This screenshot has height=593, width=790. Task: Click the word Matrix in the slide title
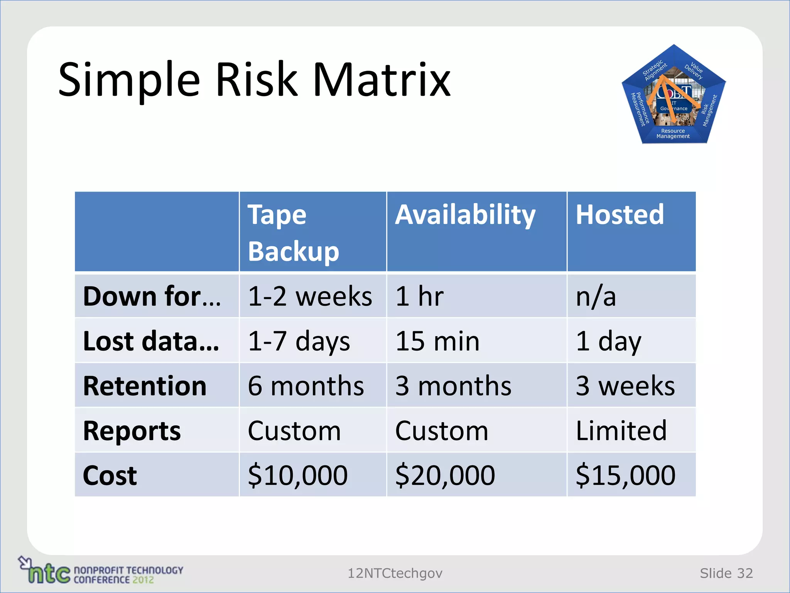pos(381,80)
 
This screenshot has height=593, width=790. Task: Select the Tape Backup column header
pos(293,233)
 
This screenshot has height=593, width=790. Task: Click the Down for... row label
pos(152,296)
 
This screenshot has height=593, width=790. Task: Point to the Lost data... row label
pos(151,341)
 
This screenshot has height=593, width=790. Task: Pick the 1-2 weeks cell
pos(310,296)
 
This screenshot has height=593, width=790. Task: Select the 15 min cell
pos(437,341)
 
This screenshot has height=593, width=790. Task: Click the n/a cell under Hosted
pos(596,296)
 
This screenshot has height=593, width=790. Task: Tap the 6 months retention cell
pos(306,386)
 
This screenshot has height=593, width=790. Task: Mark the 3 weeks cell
pos(625,386)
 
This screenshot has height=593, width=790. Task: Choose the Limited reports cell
pos(621,430)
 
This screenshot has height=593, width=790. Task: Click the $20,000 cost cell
pos(445,475)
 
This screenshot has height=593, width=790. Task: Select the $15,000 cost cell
pos(625,475)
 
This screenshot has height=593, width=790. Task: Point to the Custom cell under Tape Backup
pos(294,430)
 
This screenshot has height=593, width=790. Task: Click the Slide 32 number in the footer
pos(726,573)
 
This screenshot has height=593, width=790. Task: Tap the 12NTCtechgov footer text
pos(395,573)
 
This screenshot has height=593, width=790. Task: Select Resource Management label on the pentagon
pos(673,134)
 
